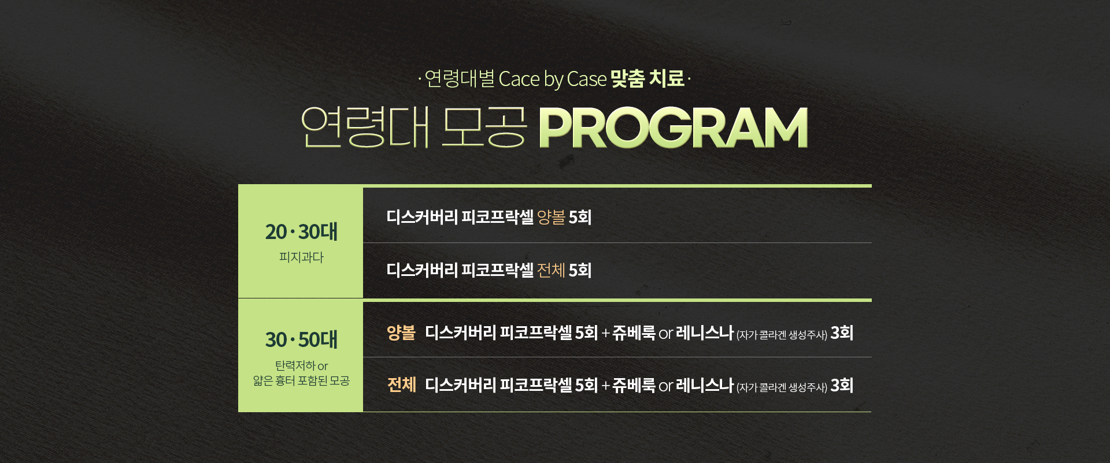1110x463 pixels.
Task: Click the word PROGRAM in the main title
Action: [674, 128]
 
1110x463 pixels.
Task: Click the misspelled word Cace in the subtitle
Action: [519, 79]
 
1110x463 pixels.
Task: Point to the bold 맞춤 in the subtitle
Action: [627, 79]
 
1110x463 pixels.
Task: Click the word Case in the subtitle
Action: [587, 79]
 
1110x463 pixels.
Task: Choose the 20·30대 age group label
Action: [301, 231]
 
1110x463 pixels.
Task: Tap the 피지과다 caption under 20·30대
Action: [301, 257]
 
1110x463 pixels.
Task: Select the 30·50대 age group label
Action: [301, 339]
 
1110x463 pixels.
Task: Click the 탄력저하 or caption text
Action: [301, 365]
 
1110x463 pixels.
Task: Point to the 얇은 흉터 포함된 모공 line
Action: [301, 380]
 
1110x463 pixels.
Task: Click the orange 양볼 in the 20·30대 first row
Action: [551, 217]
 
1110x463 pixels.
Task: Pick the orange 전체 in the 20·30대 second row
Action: [551, 270]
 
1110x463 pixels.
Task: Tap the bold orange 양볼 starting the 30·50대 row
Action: [401, 333]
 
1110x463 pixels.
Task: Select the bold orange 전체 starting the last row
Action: [401, 385]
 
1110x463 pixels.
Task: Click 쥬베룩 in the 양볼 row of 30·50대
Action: [634, 333]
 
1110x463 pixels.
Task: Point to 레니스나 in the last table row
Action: [704, 385]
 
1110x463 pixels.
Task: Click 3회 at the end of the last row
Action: [842, 385]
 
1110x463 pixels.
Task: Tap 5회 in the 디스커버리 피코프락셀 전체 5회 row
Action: [580, 270]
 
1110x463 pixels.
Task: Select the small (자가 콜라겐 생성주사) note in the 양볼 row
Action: [782, 335]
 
